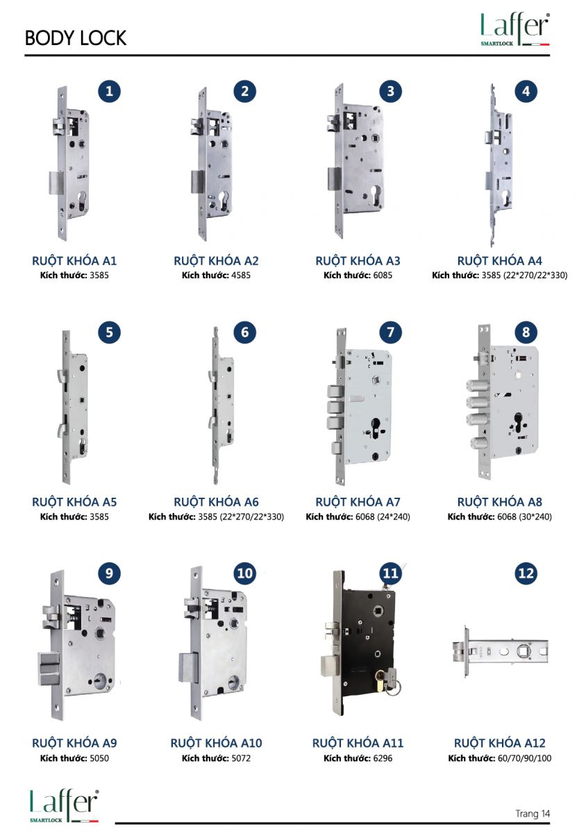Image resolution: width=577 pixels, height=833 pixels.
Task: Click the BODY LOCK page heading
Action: [76, 38]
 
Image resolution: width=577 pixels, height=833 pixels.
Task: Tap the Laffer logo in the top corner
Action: [515, 29]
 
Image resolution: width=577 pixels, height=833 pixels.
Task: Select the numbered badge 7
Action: [390, 332]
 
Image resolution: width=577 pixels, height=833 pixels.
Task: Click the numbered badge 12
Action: [526, 573]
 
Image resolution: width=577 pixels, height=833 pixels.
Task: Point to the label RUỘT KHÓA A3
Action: [358, 261]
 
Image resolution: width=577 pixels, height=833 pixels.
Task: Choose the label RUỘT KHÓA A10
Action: [216, 743]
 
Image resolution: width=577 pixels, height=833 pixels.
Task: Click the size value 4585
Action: [241, 276]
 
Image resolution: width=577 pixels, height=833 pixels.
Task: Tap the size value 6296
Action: [383, 758]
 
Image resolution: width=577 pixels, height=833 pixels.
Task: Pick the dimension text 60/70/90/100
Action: [524, 758]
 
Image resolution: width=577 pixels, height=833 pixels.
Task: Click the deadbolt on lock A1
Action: [56, 183]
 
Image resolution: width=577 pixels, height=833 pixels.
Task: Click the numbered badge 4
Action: [526, 92]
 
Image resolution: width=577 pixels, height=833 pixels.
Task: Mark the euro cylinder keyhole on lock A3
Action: [375, 195]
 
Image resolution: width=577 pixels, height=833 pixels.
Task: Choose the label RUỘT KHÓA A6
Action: [216, 502]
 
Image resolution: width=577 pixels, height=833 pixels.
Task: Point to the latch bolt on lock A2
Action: [198, 126]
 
